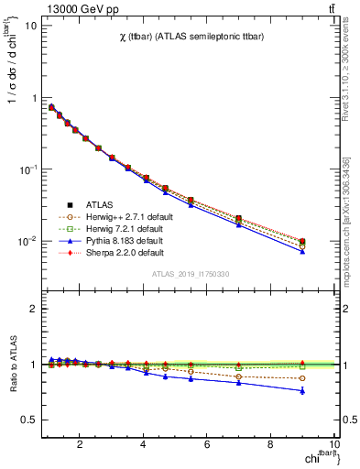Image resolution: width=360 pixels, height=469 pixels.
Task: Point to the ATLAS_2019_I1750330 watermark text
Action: click(190, 274)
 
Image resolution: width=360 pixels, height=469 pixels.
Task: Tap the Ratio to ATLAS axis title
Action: click(14, 365)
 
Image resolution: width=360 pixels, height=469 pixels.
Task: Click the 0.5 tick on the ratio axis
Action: click(29, 420)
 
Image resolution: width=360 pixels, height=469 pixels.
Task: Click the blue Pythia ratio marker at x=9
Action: click(302, 391)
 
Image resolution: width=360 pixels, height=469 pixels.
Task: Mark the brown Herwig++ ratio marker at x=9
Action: click(302, 378)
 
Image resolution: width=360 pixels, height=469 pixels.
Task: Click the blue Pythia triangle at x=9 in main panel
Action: click(302, 251)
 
